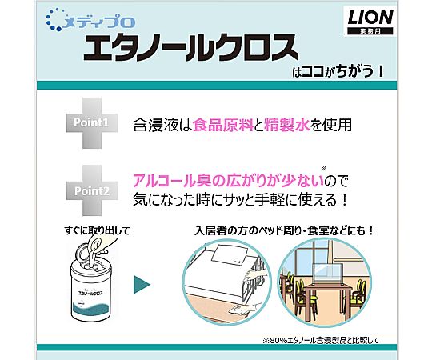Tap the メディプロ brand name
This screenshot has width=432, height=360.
click(x=99, y=22)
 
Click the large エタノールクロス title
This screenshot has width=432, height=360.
click(x=191, y=48)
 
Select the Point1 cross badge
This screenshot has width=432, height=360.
click(x=92, y=123)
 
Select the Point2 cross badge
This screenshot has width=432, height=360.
click(x=92, y=190)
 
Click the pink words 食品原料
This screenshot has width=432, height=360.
click(x=223, y=125)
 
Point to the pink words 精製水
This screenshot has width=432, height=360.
click(x=286, y=125)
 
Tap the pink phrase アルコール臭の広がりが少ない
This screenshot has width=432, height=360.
click(x=228, y=181)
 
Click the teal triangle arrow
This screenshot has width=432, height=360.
click(x=142, y=285)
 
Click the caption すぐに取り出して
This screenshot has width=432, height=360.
click(x=97, y=230)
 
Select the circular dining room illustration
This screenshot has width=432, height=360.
click(x=324, y=282)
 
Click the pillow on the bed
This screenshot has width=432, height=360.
click(x=230, y=254)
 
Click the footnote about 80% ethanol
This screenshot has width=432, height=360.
click(x=321, y=340)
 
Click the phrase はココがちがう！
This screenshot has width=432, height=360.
click(x=338, y=72)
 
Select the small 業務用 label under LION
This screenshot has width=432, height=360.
click(x=370, y=31)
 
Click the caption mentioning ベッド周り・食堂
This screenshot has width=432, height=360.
click(x=284, y=230)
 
